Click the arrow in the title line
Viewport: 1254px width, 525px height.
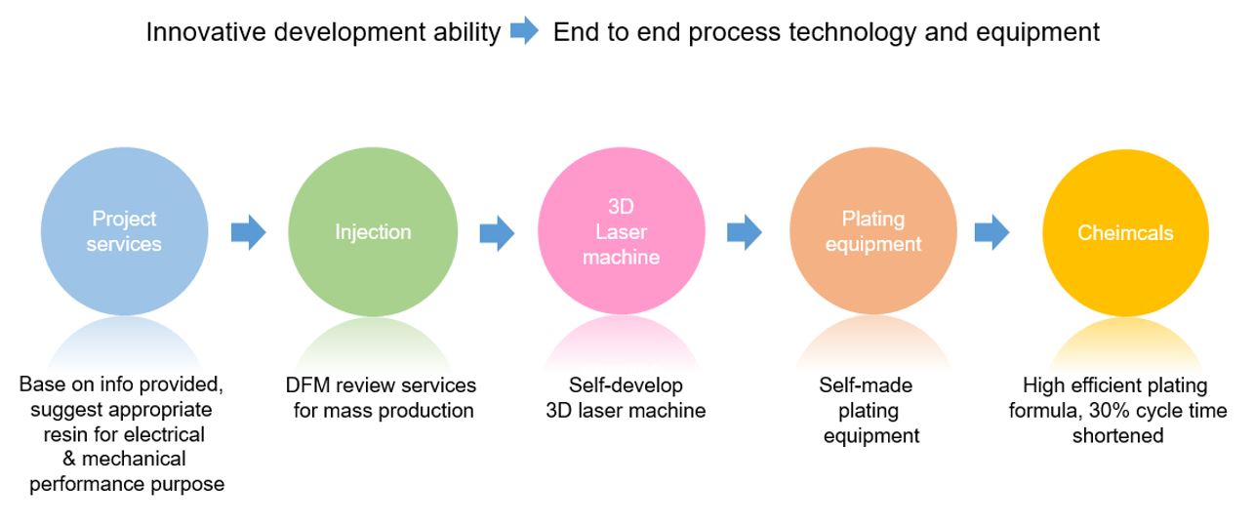click(x=524, y=32)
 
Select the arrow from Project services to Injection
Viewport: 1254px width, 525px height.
click(x=248, y=232)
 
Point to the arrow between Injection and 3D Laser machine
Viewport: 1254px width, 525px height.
click(x=497, y=232)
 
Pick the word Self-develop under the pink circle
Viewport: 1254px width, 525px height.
click(x=626, y=385)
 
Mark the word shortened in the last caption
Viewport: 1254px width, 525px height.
click(x=1117, y=435)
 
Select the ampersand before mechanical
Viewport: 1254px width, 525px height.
click(x=82, y=459)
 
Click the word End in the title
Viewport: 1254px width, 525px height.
click(x=574, y=32)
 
